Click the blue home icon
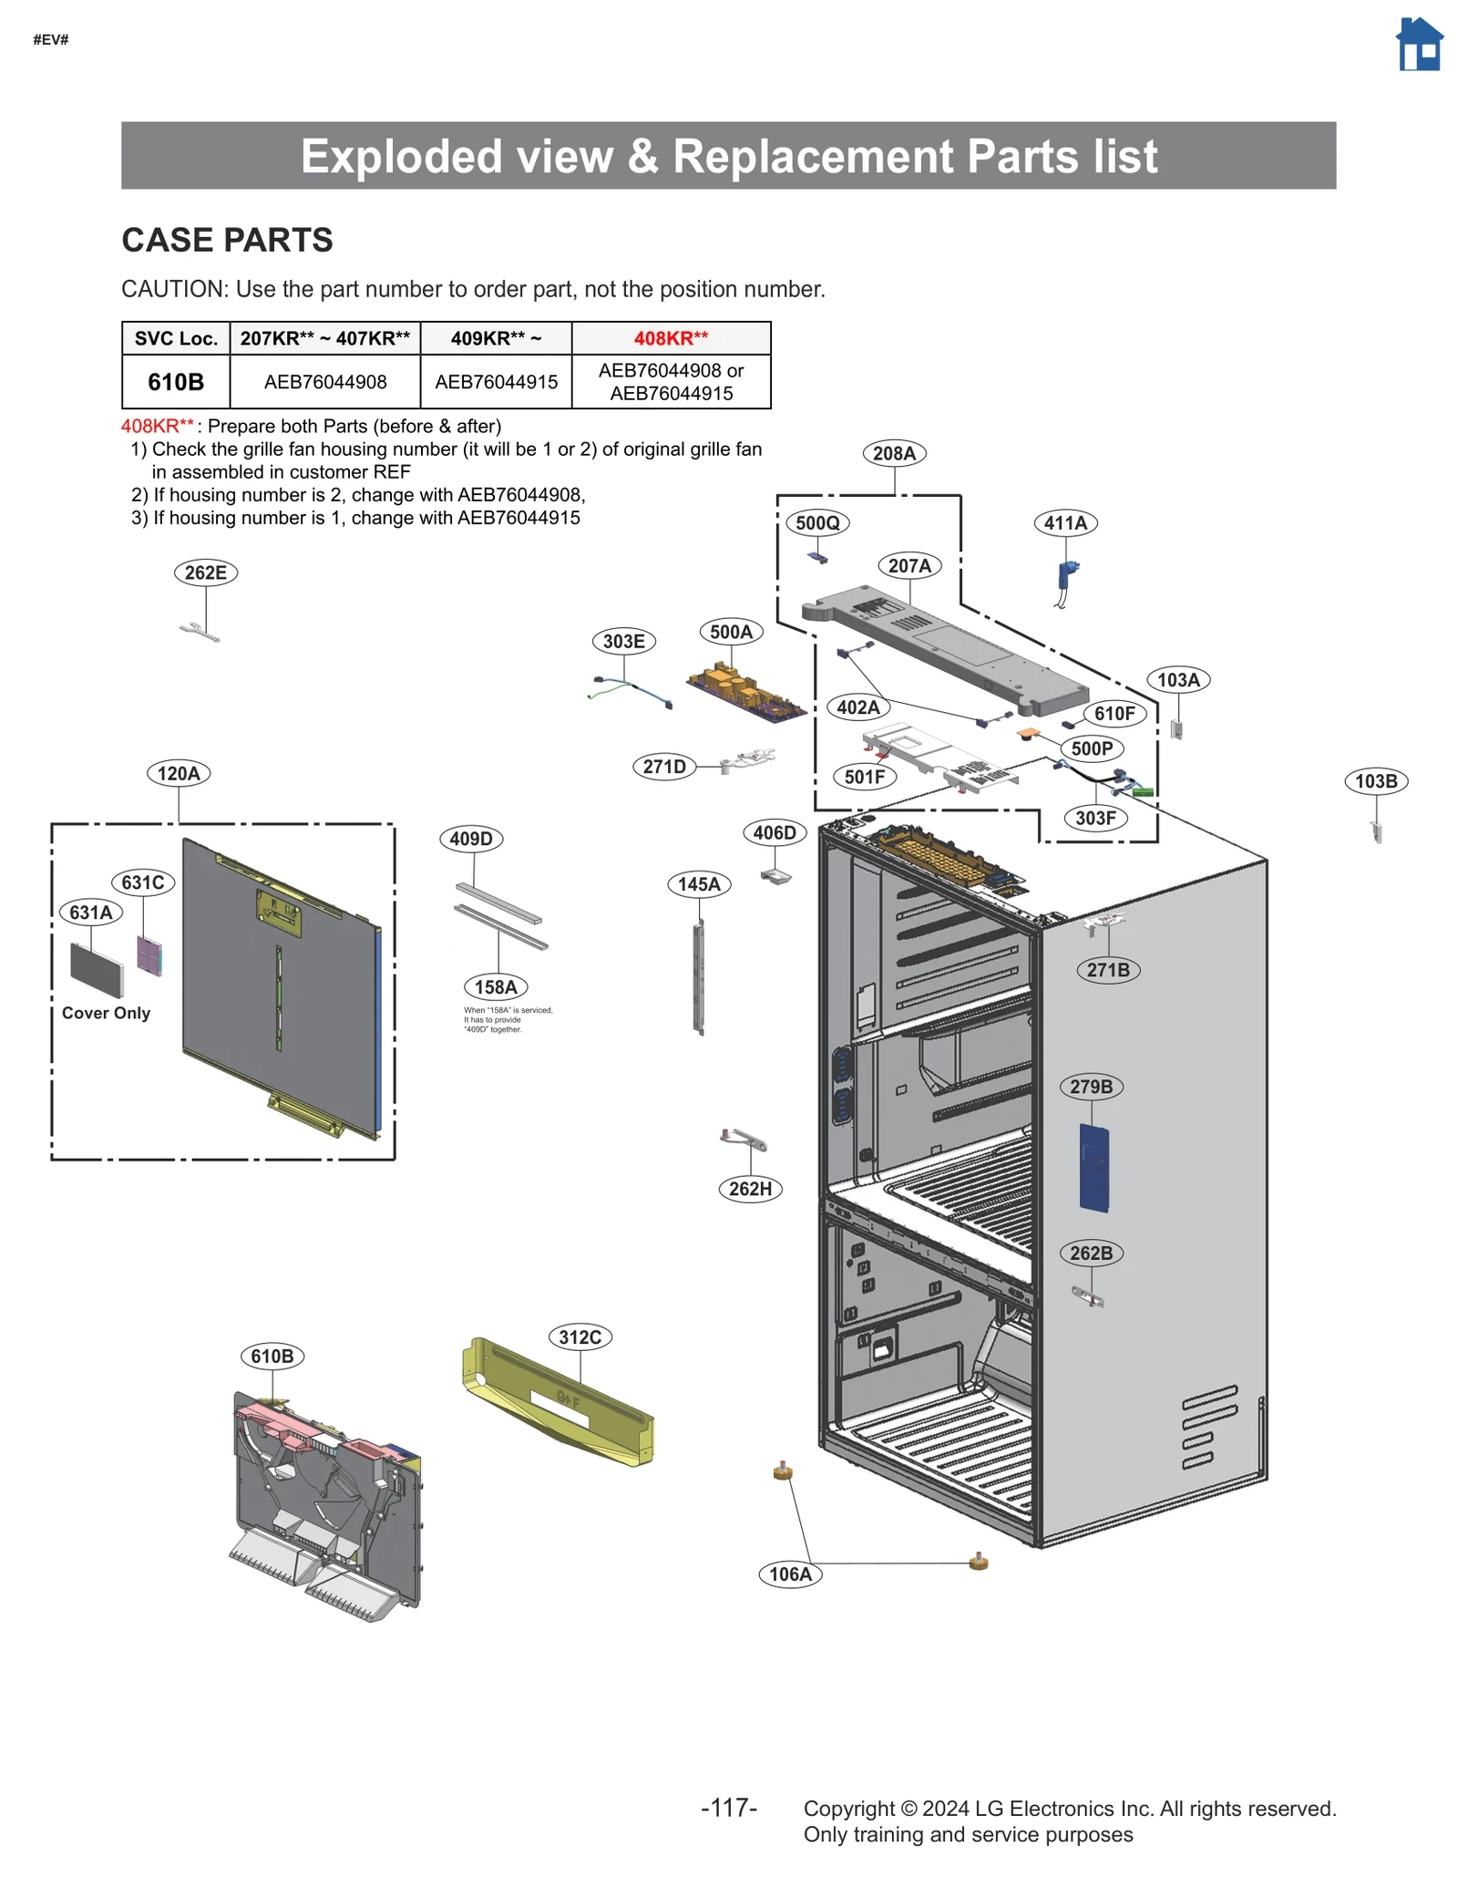1418,45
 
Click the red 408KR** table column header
671,338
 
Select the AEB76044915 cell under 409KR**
496,382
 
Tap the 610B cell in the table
176,382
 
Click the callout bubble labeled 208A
893,453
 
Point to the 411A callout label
1064,523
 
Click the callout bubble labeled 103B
1374,781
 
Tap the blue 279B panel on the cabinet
1093,1168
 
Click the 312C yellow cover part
558,1400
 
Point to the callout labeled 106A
789,1574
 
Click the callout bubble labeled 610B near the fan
272,1357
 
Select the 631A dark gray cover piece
96,969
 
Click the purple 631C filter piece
149,954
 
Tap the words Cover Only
106,1013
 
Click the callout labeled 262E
205,573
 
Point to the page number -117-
728,1808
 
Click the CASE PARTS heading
227,240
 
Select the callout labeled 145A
698,884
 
